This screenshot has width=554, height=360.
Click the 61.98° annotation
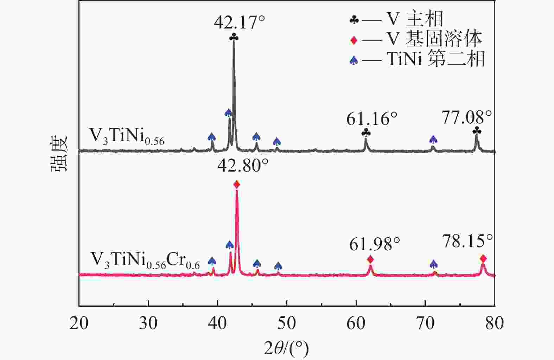click(374, 244)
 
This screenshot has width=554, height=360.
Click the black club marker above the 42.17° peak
click(234, 37)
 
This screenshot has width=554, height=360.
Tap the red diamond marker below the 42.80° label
click(237, 184)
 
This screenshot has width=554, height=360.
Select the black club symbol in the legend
click(354, 20)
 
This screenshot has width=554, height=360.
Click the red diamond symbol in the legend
click(354, 40)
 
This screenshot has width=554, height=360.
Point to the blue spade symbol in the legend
click(354, 60)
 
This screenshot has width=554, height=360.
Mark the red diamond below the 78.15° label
click(483, 259)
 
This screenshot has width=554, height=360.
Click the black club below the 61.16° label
click(366, 133)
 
